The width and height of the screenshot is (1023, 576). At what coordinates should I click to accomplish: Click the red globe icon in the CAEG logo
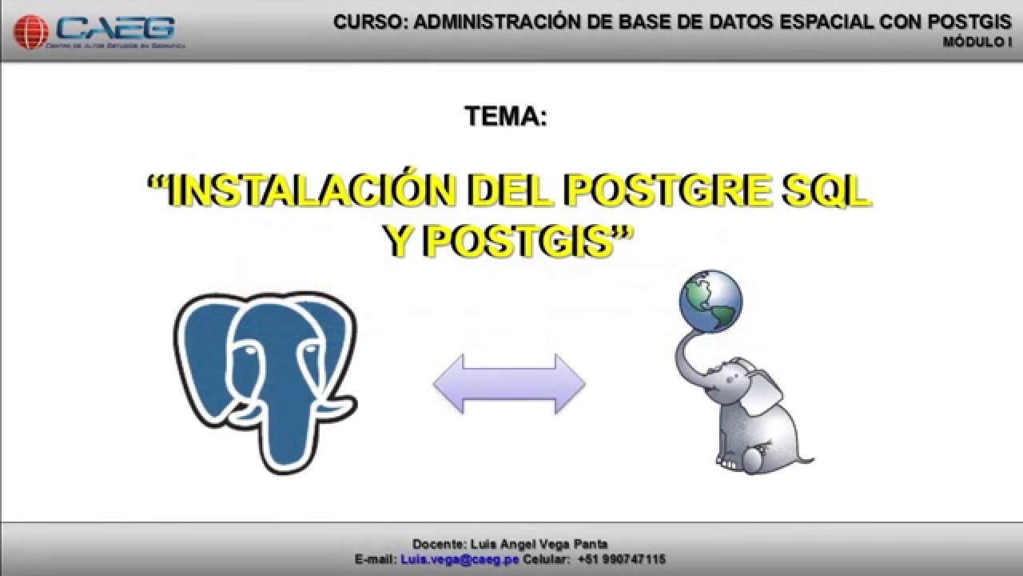pos(31,33)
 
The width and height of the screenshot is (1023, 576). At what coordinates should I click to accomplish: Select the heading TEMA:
pos(505,117)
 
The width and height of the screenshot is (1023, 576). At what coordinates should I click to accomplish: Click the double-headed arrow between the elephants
pos(509,384)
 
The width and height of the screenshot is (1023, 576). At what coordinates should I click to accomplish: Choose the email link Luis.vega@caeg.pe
pos(460,559)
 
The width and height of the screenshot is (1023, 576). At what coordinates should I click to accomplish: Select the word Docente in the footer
pos(436,544)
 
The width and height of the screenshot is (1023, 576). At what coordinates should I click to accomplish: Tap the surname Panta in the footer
pos(592,544)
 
